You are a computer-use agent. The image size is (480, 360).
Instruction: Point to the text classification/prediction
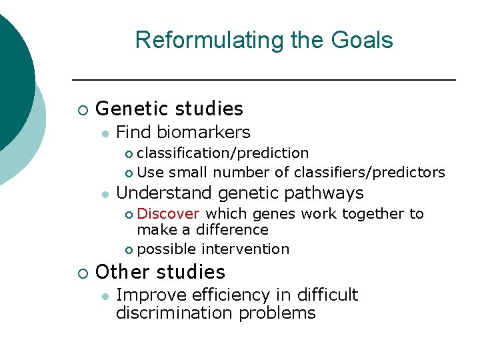[x=223, y=153]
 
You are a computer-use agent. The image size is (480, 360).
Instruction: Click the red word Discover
[x=168, y=213]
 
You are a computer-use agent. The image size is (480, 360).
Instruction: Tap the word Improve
[x=146, y=295]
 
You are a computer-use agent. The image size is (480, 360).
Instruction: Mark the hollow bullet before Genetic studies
[x=82, y=109]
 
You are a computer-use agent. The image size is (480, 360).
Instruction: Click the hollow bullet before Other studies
[x=82, y=273]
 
